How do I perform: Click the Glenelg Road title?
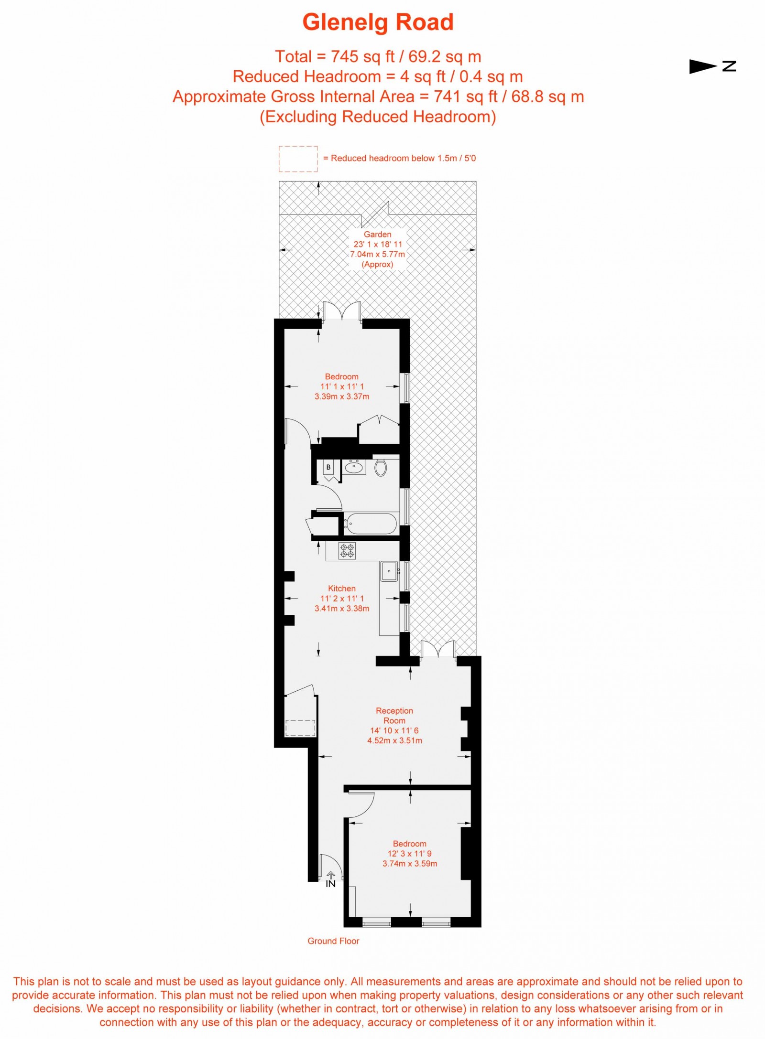[378, 22]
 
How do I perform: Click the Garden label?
[377, 234]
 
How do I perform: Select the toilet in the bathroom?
[381, 467]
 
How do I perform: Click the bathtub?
[371, 524]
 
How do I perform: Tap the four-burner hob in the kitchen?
[347, 551]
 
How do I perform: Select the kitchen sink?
[389, 571]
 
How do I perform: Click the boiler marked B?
[328, 467]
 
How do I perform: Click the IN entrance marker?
[330, 883]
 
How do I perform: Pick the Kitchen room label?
[341, 588]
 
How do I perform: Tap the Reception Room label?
[394, 715]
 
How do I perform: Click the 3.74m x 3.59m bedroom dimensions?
[410, 863]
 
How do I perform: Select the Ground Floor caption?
[333, 941]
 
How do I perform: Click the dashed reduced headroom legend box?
[298, 159]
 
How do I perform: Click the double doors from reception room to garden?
[437, 650]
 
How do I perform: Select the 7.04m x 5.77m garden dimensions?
[377, 254]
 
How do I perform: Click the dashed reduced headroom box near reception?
[300, 728]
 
